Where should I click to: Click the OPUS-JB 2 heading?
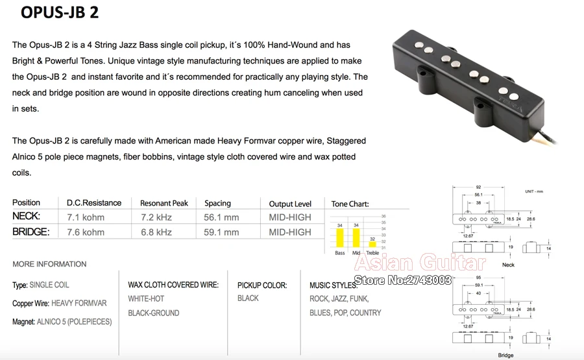60,13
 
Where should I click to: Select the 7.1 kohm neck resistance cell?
85,217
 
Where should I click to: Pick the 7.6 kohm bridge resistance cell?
85,232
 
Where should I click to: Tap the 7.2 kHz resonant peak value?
156,217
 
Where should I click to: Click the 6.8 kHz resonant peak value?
156,232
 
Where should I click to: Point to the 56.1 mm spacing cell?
221,217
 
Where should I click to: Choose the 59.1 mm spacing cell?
221,232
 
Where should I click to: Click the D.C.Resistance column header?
94,203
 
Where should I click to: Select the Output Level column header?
290,204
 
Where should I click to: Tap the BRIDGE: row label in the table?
30,232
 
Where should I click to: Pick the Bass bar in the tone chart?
339,238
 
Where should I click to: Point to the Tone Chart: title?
350,204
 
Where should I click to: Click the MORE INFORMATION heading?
49,264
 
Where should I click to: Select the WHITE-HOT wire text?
146,298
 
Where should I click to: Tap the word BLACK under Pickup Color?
248,298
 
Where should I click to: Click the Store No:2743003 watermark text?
402,280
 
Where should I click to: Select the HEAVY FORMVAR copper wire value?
79,303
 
